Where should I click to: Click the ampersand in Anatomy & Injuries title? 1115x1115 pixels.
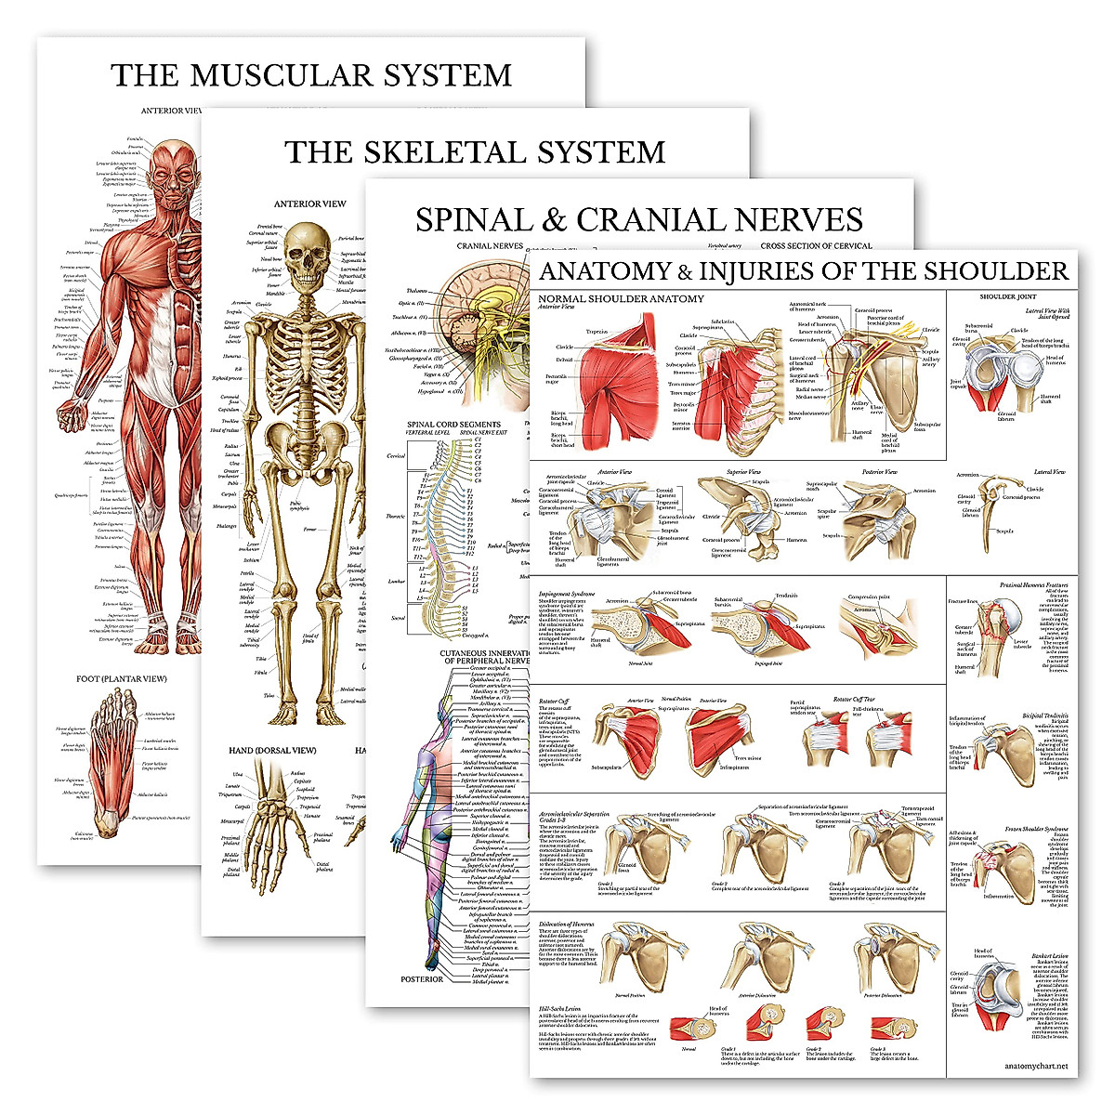tap(685, 272)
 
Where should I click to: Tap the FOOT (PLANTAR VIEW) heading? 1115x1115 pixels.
tap(122, 679)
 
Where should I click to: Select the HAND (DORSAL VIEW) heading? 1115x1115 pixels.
tap(272, 751)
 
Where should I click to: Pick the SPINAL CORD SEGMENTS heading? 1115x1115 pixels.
tap(453, 425)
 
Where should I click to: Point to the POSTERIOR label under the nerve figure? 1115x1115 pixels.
tap(421, 979)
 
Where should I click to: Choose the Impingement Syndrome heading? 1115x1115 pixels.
tap(567, 593)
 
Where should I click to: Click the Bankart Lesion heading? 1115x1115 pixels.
tap(1049, 956)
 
